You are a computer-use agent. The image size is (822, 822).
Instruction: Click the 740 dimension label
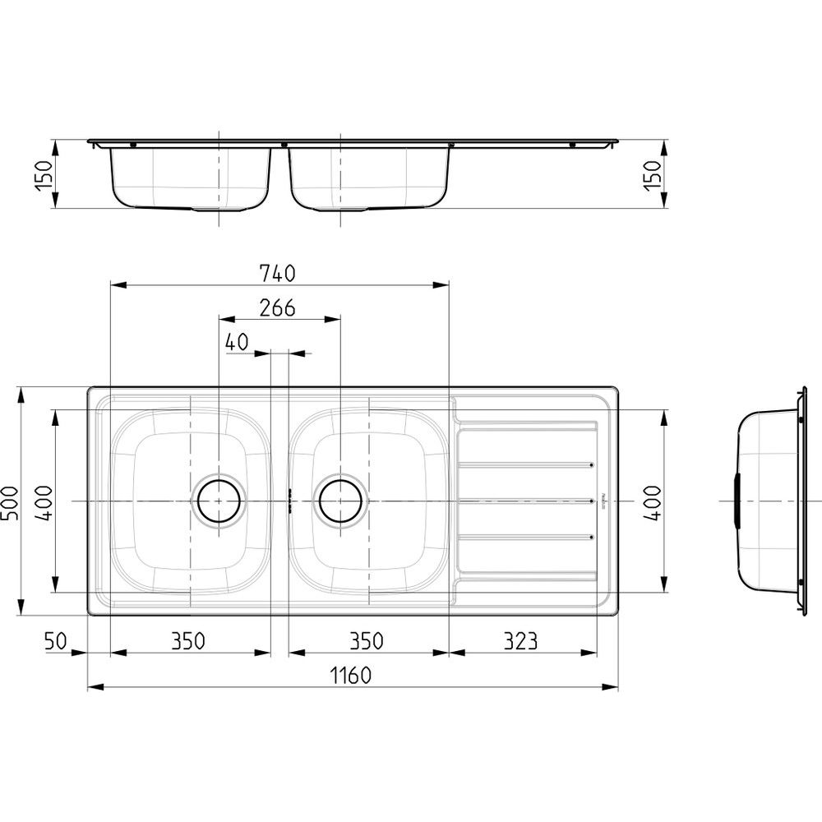pos(277,274)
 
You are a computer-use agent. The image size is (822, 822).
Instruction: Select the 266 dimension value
pos(277,307)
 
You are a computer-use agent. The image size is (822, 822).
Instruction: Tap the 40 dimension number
pos(237,342)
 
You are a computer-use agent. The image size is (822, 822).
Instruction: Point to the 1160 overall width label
pos(351,675)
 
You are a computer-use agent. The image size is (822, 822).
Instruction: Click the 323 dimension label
pos(520,640)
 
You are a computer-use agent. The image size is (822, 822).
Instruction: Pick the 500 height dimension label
pos(10,502)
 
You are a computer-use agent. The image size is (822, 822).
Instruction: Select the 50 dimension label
pos(56,640)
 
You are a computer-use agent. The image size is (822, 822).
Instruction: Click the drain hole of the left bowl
pos(219,501)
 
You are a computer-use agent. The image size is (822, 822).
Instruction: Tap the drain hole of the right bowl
pos(340,501)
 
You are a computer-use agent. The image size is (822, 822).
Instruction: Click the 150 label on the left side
pos(44,175)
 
